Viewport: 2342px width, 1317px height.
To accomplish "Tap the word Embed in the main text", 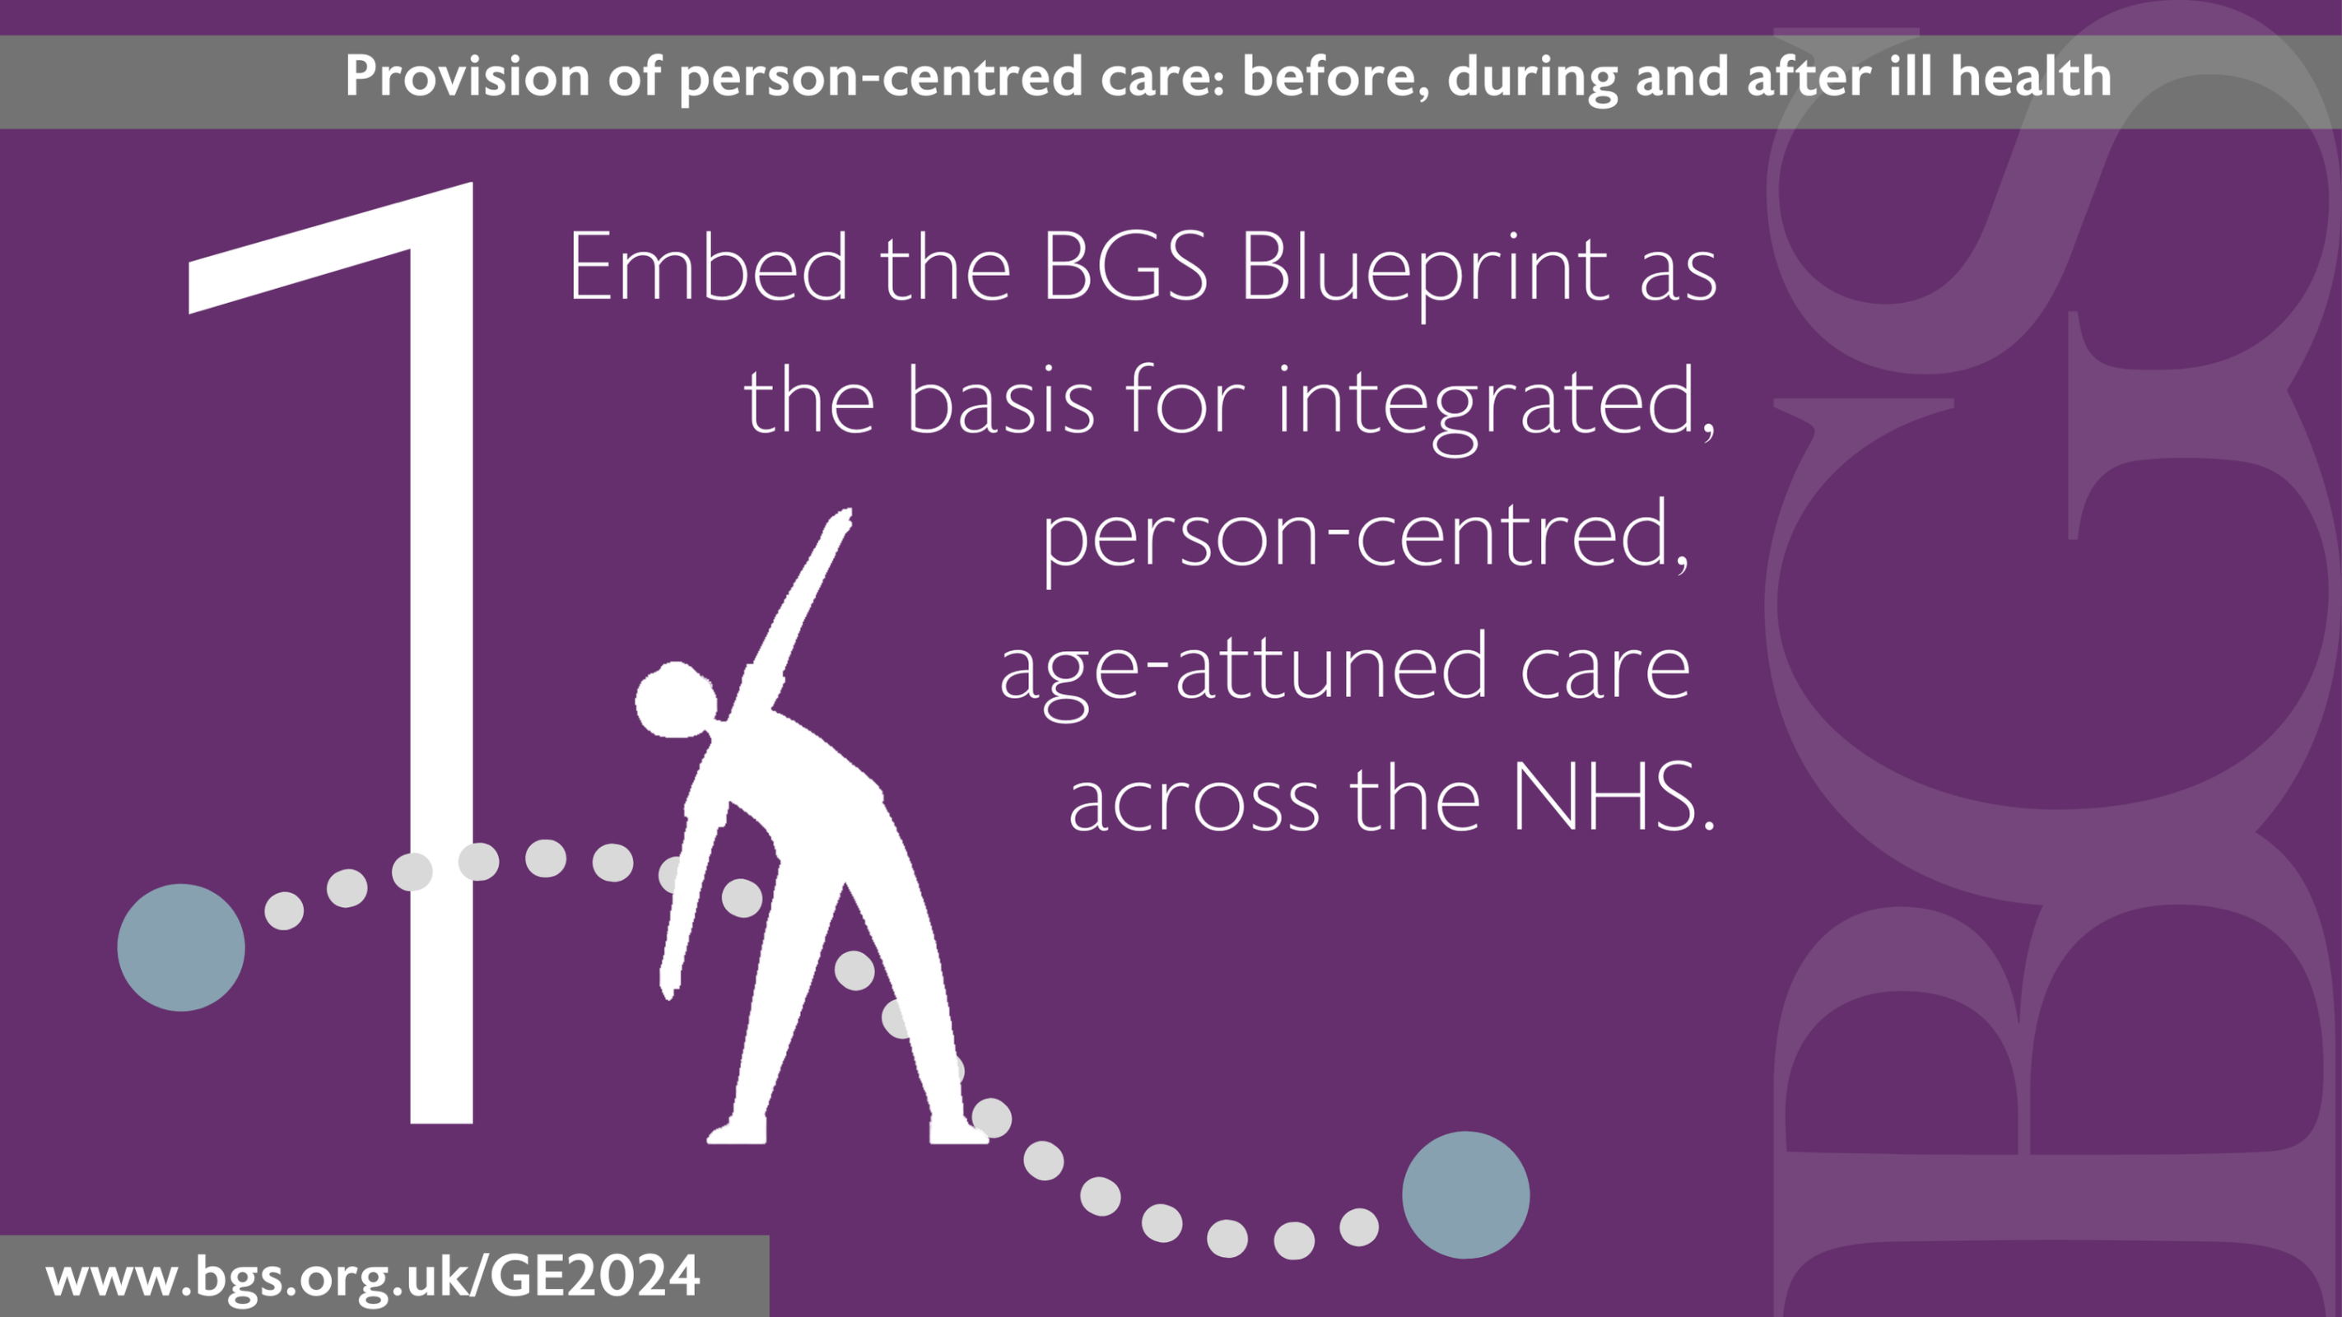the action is [x=708, y=268].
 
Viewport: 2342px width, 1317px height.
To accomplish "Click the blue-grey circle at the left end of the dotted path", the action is [x=181, y=947].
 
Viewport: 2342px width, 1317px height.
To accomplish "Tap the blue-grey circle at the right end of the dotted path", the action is [x=1465, y=1194].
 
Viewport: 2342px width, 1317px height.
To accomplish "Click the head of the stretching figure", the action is [x=676, y=700].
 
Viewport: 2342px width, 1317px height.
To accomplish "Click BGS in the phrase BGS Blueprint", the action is [x=1124, y=268].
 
